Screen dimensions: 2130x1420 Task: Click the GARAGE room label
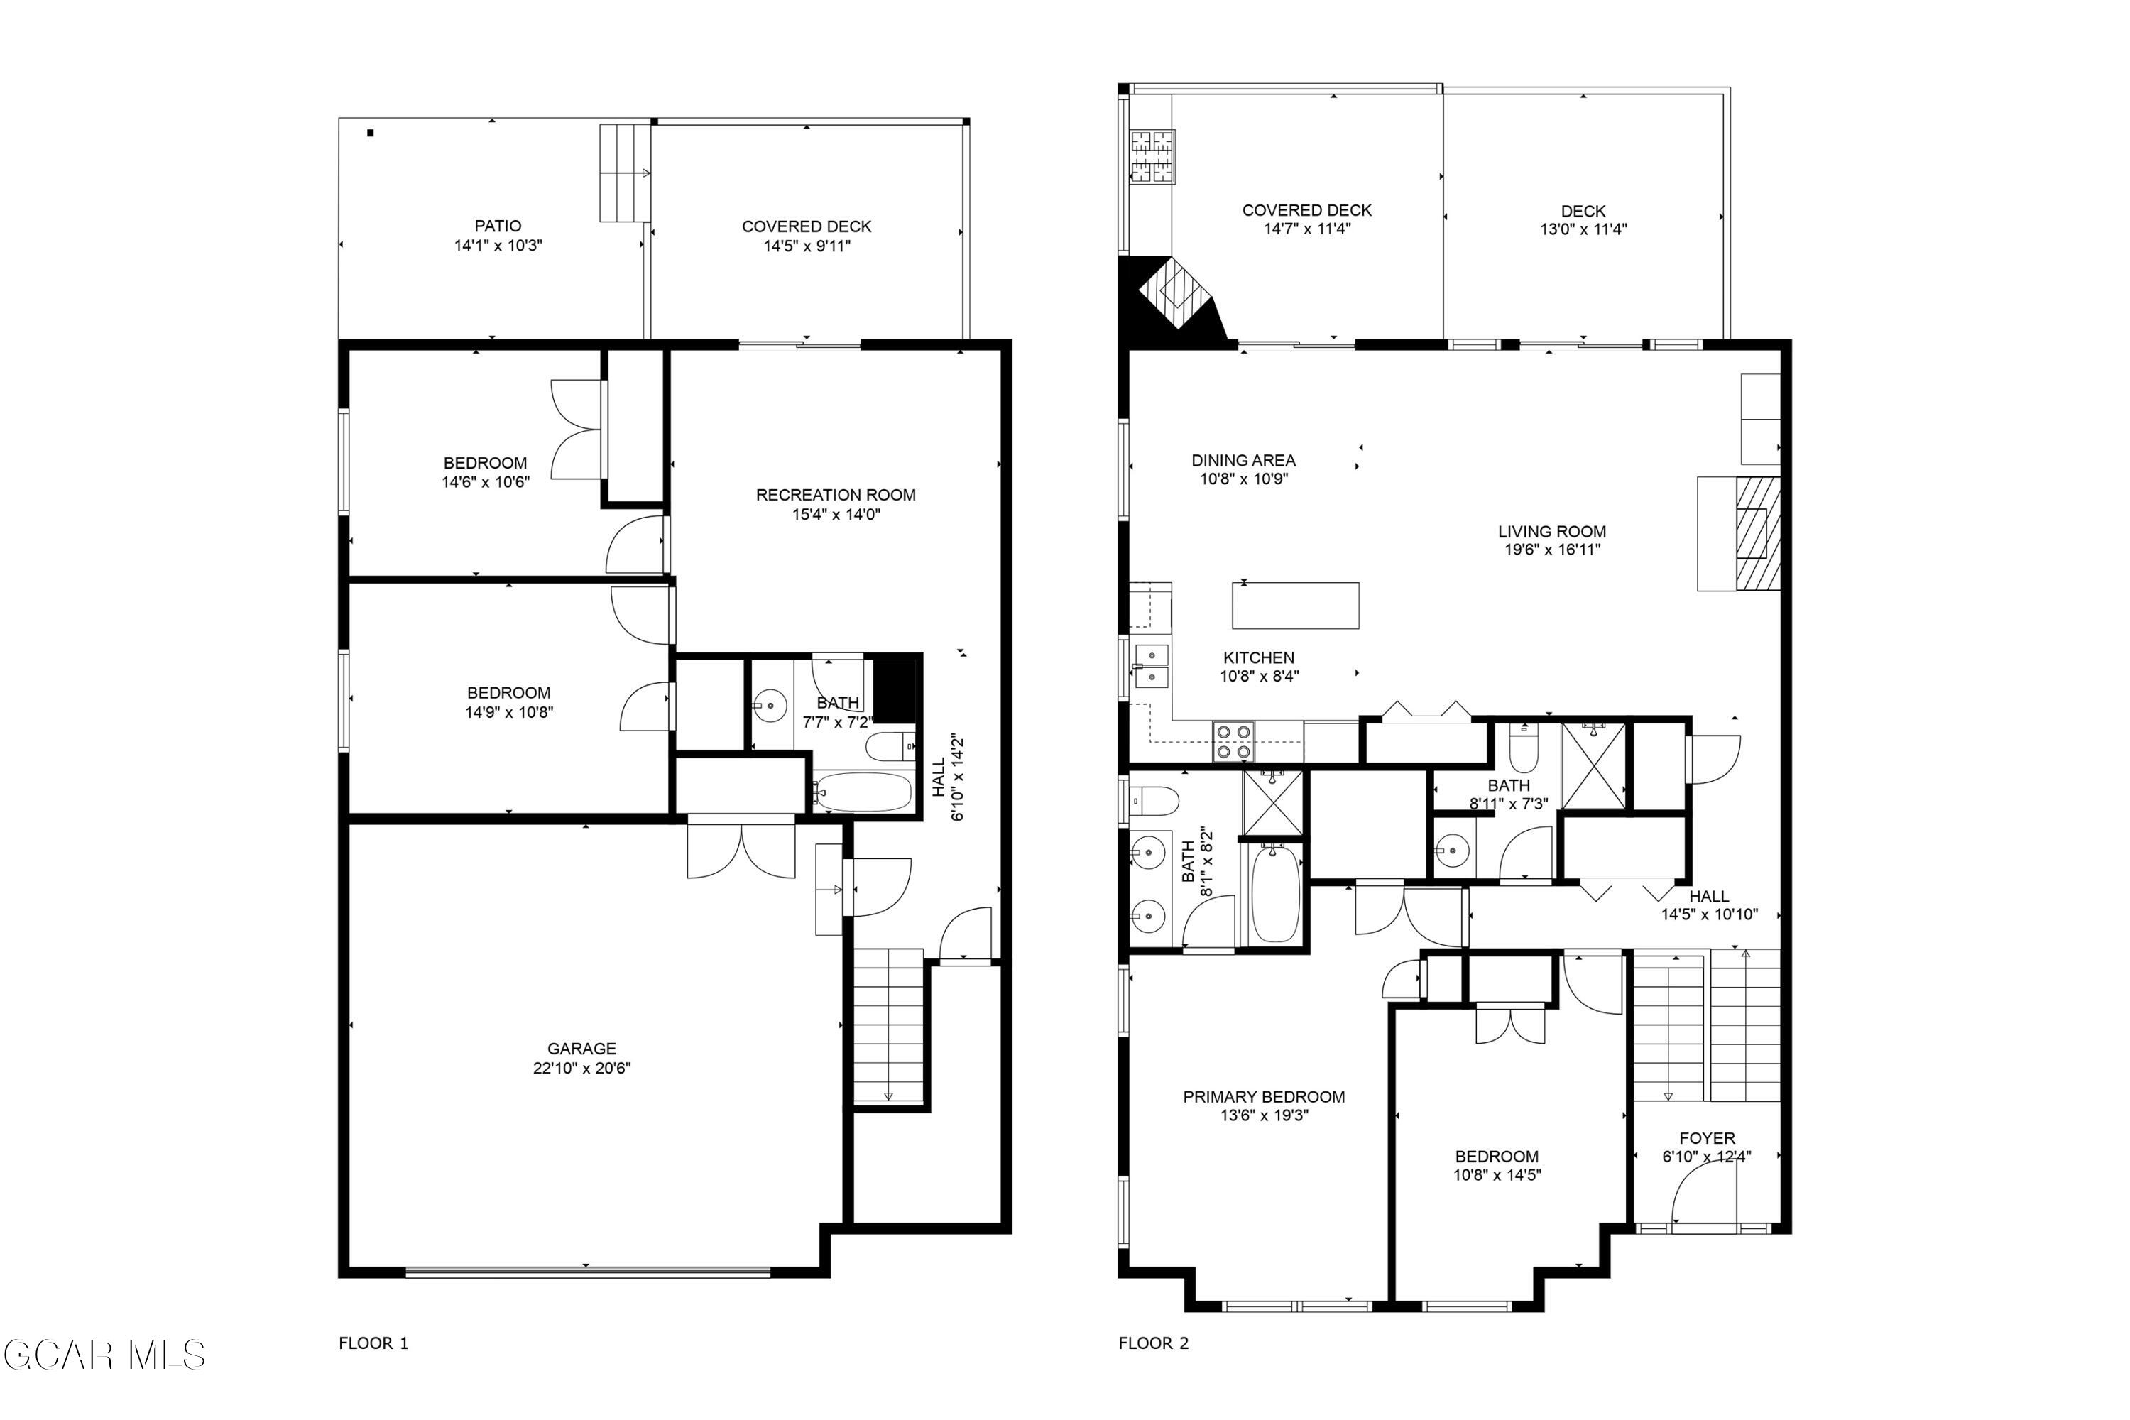(581, 1049)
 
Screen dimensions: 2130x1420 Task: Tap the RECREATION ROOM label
(836, 496)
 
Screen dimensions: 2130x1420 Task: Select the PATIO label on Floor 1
(498, 226)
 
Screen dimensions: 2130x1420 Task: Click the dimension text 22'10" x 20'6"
(581, 1069)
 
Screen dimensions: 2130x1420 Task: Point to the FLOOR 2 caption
(1153, 1343)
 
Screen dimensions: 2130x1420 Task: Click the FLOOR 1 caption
(373, 1343)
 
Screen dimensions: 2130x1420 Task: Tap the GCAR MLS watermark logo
(104, 1355)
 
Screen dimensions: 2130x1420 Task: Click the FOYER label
(1707, 1138)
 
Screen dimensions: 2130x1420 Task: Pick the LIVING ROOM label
(1552, 532)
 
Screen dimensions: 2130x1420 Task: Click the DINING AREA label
(1243, 461)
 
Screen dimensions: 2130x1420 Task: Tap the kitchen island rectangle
(1295, 605)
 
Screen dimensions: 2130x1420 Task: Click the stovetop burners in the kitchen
(1233, 742)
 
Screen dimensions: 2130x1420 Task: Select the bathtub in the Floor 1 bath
(862, 792)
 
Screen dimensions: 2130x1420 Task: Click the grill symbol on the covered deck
(1152, 157)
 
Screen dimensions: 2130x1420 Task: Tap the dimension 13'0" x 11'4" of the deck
(1584, 230)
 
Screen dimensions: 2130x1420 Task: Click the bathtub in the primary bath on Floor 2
(1275, 895)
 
